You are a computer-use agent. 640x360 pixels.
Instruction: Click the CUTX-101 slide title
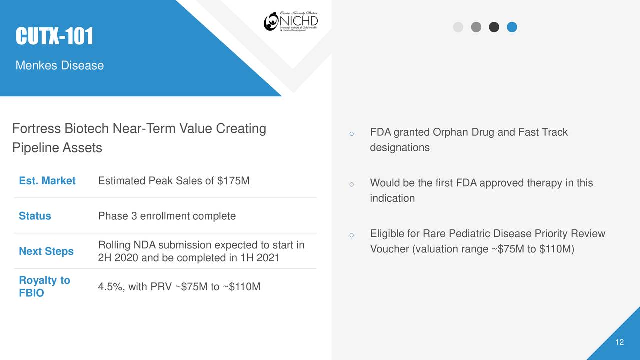tap(54, 36)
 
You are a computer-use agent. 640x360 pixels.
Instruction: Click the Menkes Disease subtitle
tap(60, 65)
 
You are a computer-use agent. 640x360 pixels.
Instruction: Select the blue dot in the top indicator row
tap(512, 27)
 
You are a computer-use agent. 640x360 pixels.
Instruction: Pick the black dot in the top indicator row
tap(494, 27)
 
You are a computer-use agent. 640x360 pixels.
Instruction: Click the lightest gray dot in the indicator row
tap(458, 27)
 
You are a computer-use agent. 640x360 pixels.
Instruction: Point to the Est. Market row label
tap(47, 181)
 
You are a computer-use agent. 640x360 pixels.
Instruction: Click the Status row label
tap(35, 216)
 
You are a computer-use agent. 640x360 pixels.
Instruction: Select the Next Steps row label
tap(46, 251)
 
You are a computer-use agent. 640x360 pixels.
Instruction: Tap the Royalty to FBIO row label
tap(44, 286)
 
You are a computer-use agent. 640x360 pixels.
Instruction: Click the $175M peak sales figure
tap(234, 181)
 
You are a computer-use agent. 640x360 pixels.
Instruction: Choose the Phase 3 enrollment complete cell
tap(167, 216)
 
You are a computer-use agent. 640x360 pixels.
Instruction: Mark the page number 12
tap(619, 342)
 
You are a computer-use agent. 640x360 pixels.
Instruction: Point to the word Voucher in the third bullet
tap(389, 249)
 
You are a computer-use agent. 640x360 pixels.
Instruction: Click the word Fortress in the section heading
tap(36, 129)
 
